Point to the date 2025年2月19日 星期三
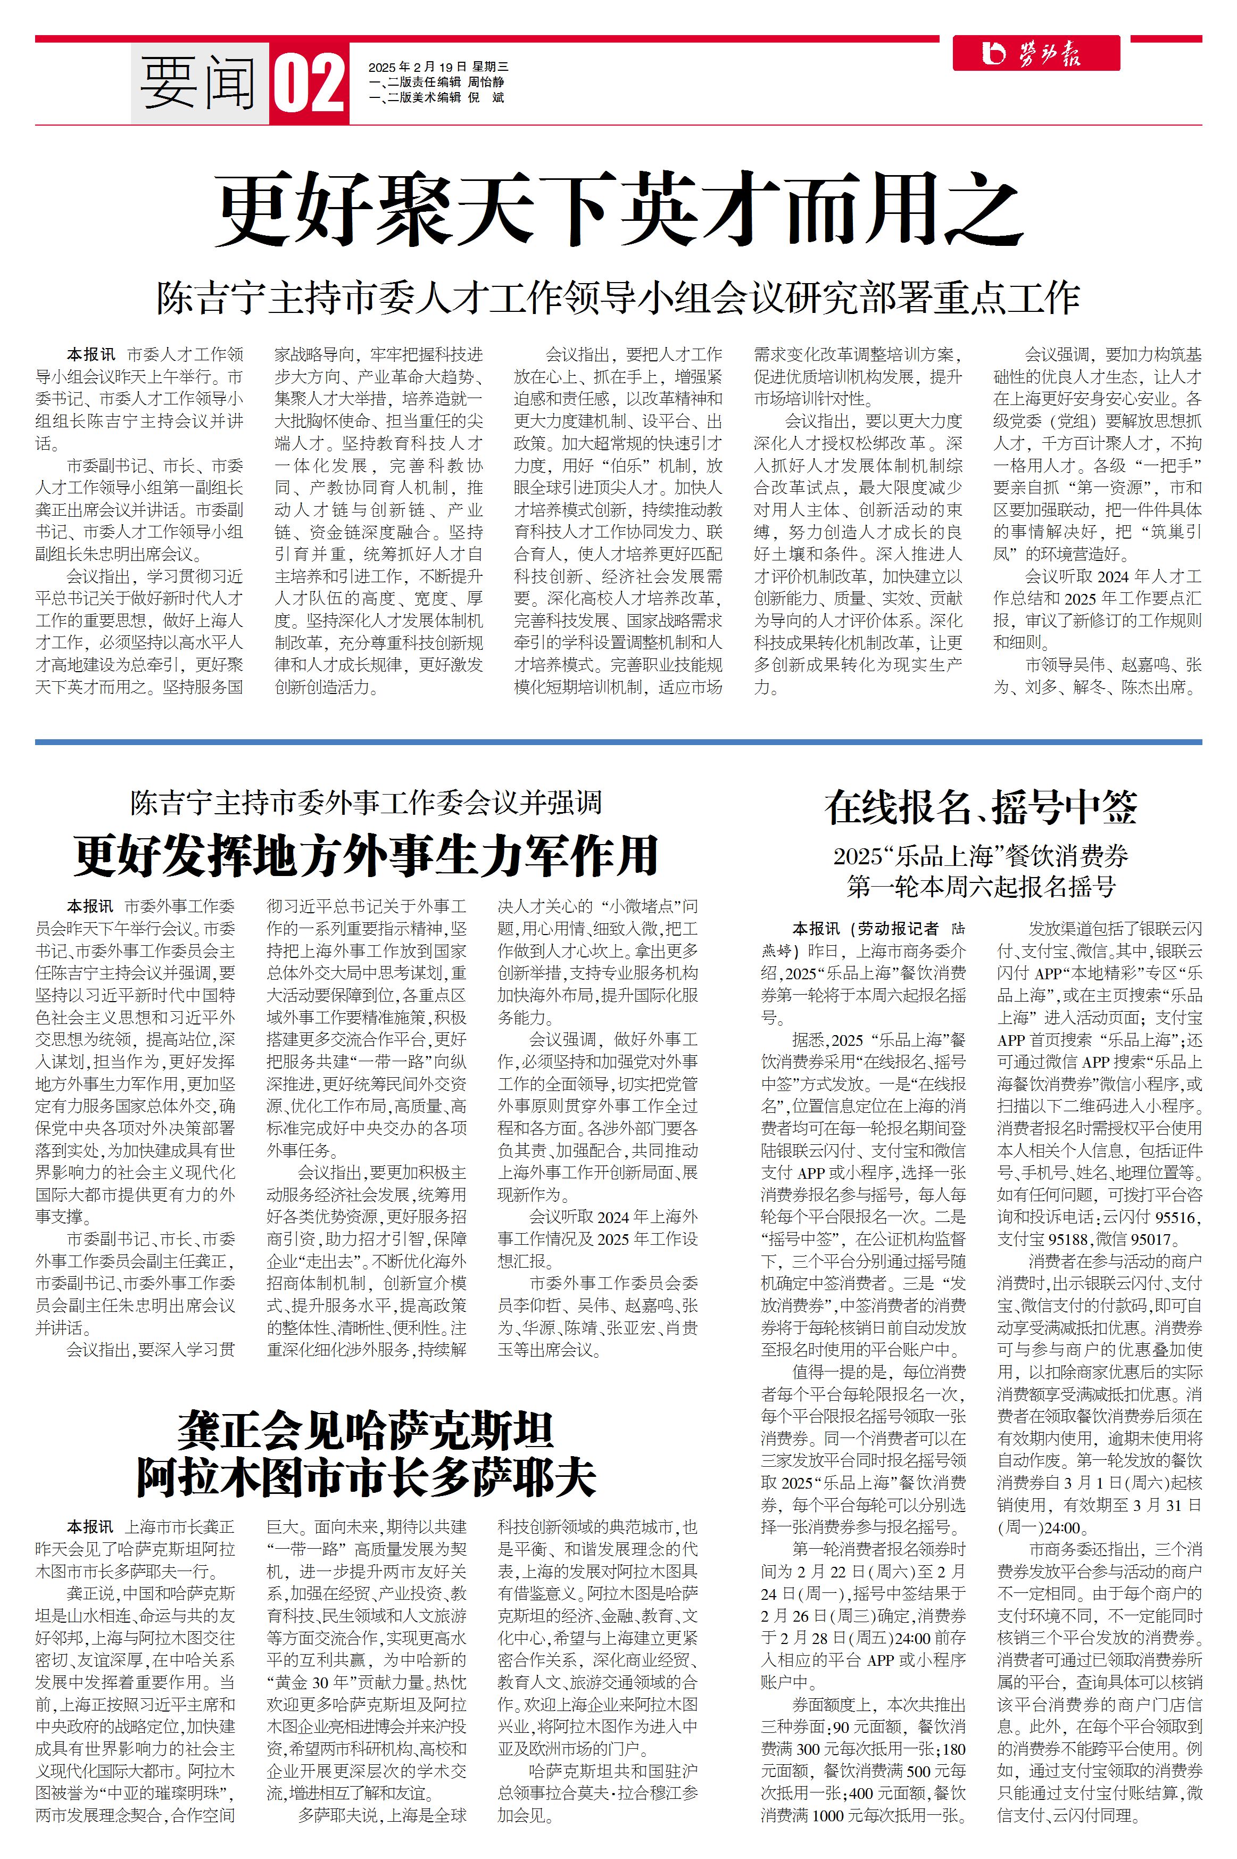click(x=438, y=67)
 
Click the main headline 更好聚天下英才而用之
click(x=619, y=210)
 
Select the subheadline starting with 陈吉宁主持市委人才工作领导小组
click(x=618, y=298)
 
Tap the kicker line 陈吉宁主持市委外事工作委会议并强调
click(x=366, y=803)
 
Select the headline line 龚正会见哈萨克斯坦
click(x=366, y=1430)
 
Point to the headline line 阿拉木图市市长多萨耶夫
click(x=366, y=1478)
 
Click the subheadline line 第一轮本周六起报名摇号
click(x=981, y=887)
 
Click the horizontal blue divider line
click(x=618, y=742)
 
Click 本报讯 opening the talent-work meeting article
click(x=91, y=355)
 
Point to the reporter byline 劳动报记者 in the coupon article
click(x=899, y=929)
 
